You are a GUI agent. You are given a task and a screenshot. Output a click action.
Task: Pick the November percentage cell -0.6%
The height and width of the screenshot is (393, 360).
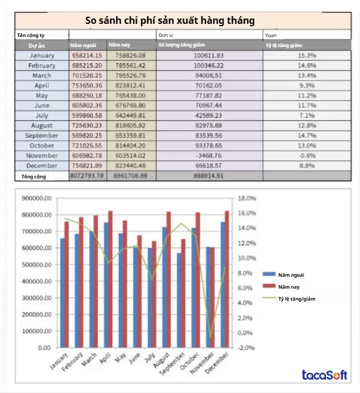click(307, 156)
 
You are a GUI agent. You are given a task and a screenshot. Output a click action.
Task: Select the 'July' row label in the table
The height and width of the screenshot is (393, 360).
click(42, 116)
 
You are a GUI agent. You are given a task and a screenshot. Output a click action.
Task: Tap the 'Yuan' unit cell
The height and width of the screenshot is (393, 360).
click(272, 35)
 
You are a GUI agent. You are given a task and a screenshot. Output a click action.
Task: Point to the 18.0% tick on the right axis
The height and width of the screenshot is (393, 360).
click(247, 199)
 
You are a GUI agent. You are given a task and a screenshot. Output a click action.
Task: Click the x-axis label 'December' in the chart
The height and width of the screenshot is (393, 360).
click(217, 363)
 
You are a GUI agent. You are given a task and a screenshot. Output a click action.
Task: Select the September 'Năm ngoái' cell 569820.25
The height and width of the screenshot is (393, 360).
click(87, 135)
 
